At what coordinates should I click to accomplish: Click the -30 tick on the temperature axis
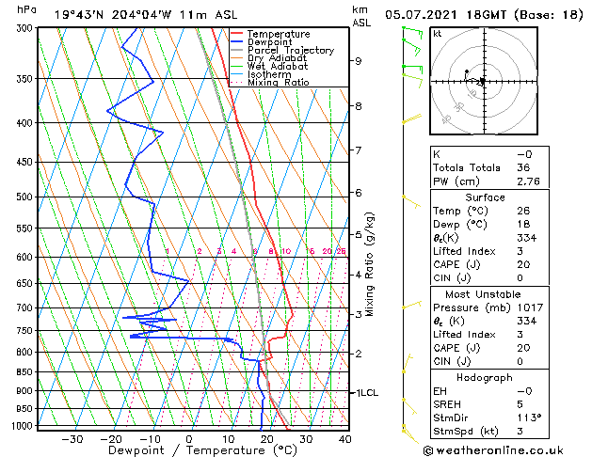[x=72, y=438]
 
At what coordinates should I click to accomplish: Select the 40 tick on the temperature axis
[x=344, y=438]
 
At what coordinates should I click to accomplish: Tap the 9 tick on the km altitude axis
[x=359, y=61]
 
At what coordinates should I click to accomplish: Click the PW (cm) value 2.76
[x=524, y=181]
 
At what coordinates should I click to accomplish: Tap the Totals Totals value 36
[x=524, y=167]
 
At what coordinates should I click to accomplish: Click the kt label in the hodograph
[x=437, y=33]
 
